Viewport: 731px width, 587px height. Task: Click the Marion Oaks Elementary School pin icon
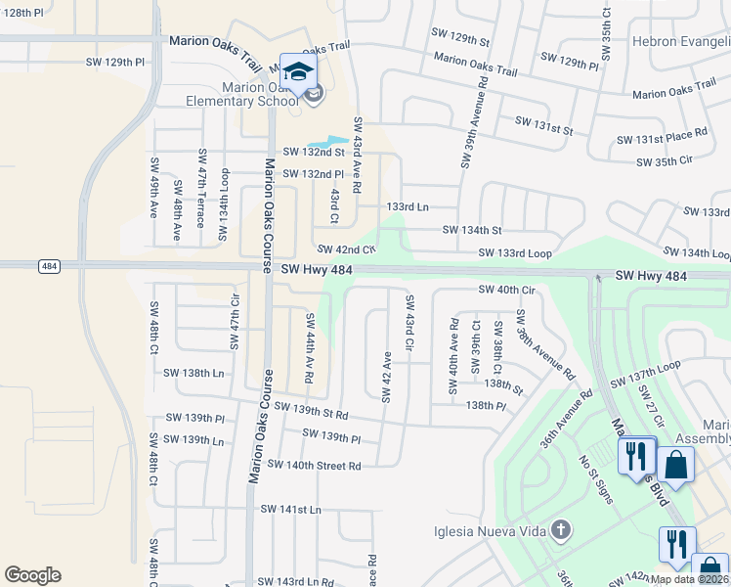(298, 70)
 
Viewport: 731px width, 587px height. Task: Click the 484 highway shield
(48, 266)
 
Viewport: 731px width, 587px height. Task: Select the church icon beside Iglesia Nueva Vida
(559, 531)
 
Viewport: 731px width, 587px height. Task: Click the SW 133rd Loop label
(515, 254)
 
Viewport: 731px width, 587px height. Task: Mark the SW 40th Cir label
(506, 290)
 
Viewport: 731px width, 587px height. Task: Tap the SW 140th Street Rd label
(314, 466)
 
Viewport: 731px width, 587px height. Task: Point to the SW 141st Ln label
(290, 510)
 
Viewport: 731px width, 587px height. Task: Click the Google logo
(32, 575)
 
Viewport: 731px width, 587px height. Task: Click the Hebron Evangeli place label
(681, 42)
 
